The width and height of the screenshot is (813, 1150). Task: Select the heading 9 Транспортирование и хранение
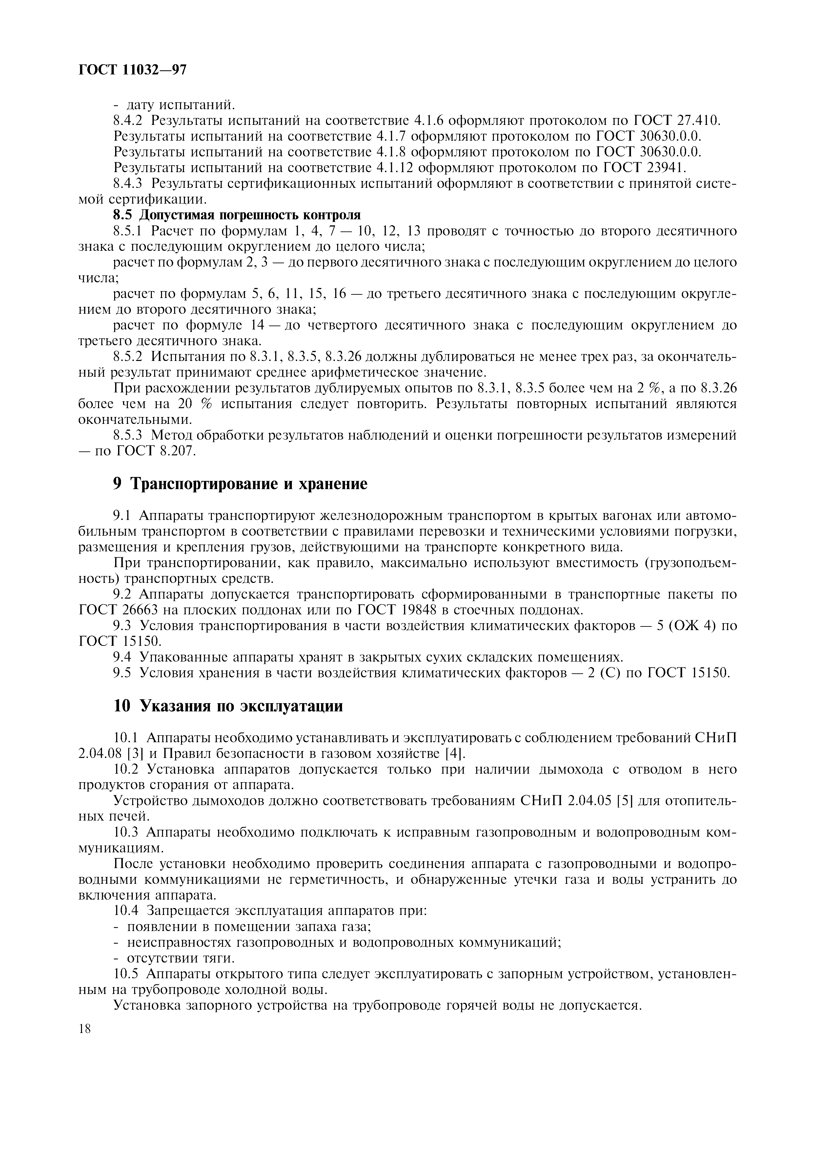[x=240, y=484]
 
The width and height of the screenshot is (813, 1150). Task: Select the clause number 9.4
[x=122, y=657]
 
